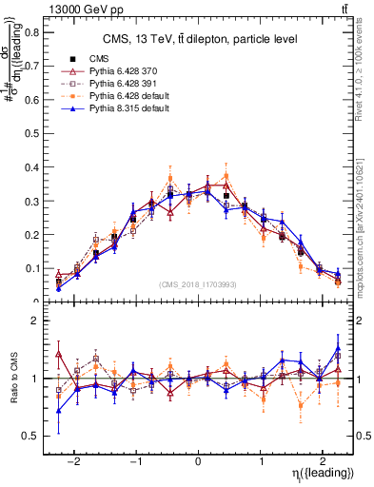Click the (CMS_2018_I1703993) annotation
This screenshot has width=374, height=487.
[197, 284]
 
